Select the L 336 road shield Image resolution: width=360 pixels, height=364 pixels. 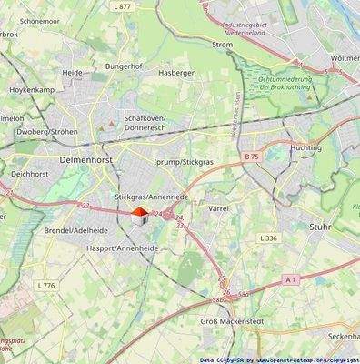(267, 238)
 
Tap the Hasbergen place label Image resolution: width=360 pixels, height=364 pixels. (177, 73)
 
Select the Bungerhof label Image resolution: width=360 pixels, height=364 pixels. (124, 66)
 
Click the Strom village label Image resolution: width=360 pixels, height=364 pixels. (222, 44)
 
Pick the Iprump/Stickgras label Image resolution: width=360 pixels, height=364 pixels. (183, 162)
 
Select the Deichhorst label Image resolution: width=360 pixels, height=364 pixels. (29, 174)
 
